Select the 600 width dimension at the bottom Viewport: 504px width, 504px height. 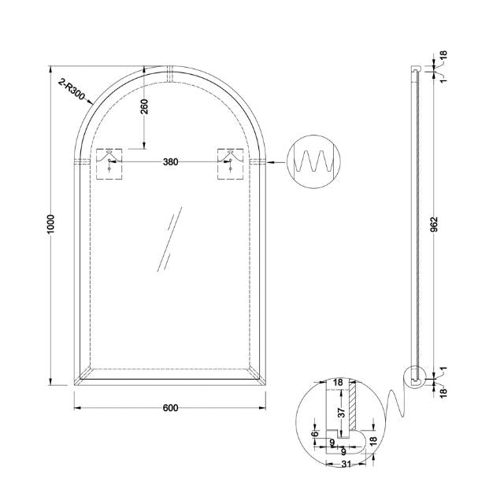pyautogui.click(x=170, y=407)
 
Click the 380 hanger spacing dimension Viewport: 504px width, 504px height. pyautogui.click(x=170, y=162)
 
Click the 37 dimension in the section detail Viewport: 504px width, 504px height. pyautogui.click(x=341, y=412)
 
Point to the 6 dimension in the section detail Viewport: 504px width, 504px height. pyautogui.click(x=316, y=434)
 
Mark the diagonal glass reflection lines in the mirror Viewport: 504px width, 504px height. pyautogui.click(x=169, y=240)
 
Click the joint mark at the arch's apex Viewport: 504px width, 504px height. pyautogui.click(x=170, y=72)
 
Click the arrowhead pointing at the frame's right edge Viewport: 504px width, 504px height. pyautogui.click(x=272, y=162)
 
